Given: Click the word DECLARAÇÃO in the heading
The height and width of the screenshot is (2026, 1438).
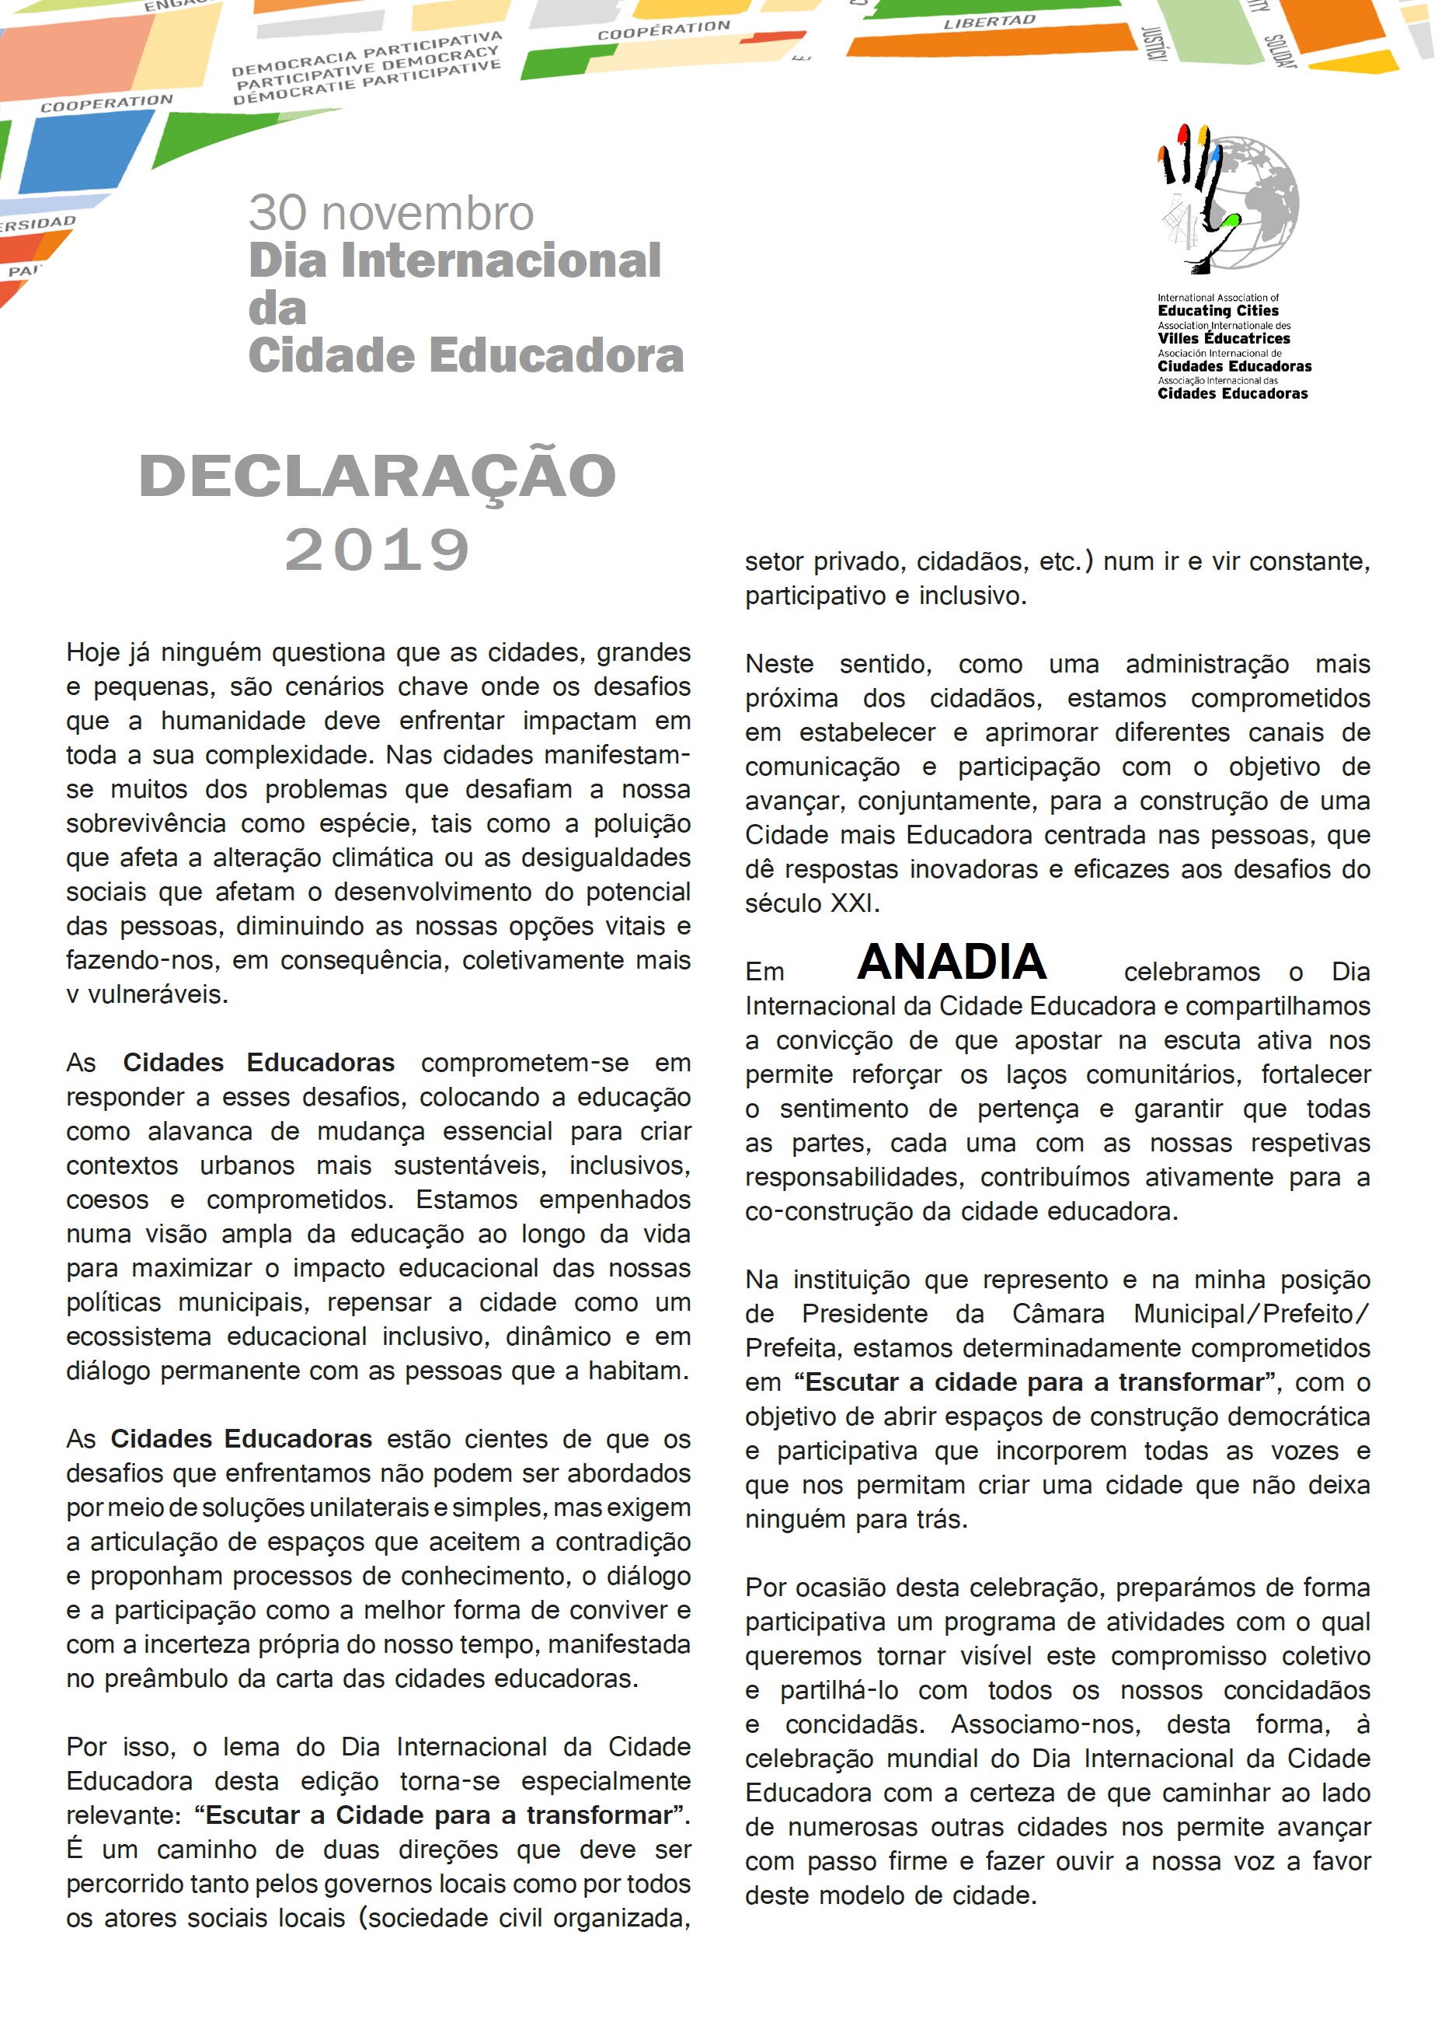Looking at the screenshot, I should point(378,476).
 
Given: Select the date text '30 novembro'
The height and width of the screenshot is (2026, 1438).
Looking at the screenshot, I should point(391,214).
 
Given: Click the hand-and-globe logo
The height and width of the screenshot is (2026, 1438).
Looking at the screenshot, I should point(1228,199).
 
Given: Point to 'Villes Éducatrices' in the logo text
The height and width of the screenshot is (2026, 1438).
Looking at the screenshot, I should point(1223,338).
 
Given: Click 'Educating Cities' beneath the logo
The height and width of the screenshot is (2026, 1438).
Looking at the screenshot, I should point(1217,311).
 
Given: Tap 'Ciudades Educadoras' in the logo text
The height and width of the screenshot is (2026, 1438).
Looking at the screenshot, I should point(1234,366).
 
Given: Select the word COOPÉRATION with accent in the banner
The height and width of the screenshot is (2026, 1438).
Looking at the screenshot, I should point(663,30).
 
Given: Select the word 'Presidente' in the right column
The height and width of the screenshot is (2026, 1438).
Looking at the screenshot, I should point(864,1314).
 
